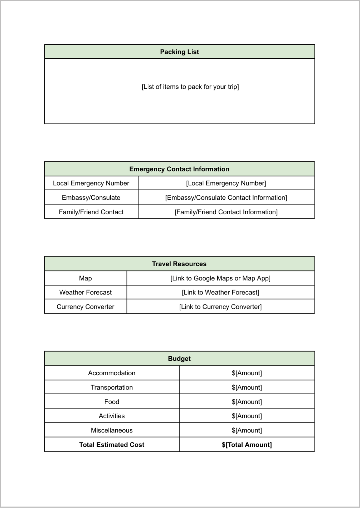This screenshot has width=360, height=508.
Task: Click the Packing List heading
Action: coord(179,52)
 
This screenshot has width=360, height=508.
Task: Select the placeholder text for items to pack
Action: coord(190,87)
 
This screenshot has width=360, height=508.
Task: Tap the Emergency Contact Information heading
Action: coord(179,169)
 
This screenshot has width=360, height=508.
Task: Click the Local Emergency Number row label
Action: coord(91,183)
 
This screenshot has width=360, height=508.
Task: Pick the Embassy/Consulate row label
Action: coord(91,197)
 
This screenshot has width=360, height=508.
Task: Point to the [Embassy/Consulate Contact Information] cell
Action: coord(226,197)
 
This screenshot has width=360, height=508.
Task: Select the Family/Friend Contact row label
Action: coord(91,212)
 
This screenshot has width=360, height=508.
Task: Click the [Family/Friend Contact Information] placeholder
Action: coord(226,212)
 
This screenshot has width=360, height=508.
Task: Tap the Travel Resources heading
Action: coord(179,264)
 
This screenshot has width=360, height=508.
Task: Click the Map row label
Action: coord(85,278)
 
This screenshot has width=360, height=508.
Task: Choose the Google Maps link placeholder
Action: coord(220,278)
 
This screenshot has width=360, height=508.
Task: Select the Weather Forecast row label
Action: coord(85,292)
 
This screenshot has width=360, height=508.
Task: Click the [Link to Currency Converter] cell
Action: coord(220,307)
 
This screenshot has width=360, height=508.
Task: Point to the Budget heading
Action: coord(179,359)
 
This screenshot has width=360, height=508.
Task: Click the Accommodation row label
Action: coord(112,373)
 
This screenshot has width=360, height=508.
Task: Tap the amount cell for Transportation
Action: coord(247,387)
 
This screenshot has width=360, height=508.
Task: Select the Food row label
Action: coord(112,402)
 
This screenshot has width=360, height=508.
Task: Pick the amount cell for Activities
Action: coord(247,416)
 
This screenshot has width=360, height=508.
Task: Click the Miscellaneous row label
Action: coord(112,430)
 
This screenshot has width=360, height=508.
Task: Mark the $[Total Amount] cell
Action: coord(247,445)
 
